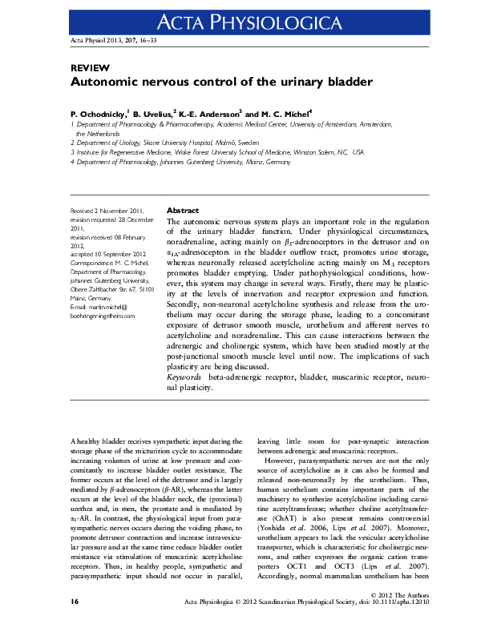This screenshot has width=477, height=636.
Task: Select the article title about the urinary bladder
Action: pos(221,83)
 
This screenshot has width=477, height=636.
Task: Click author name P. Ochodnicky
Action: pos(99,115)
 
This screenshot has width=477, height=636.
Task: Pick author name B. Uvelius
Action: pos(155,115)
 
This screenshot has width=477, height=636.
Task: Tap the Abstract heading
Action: pos(182,211)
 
